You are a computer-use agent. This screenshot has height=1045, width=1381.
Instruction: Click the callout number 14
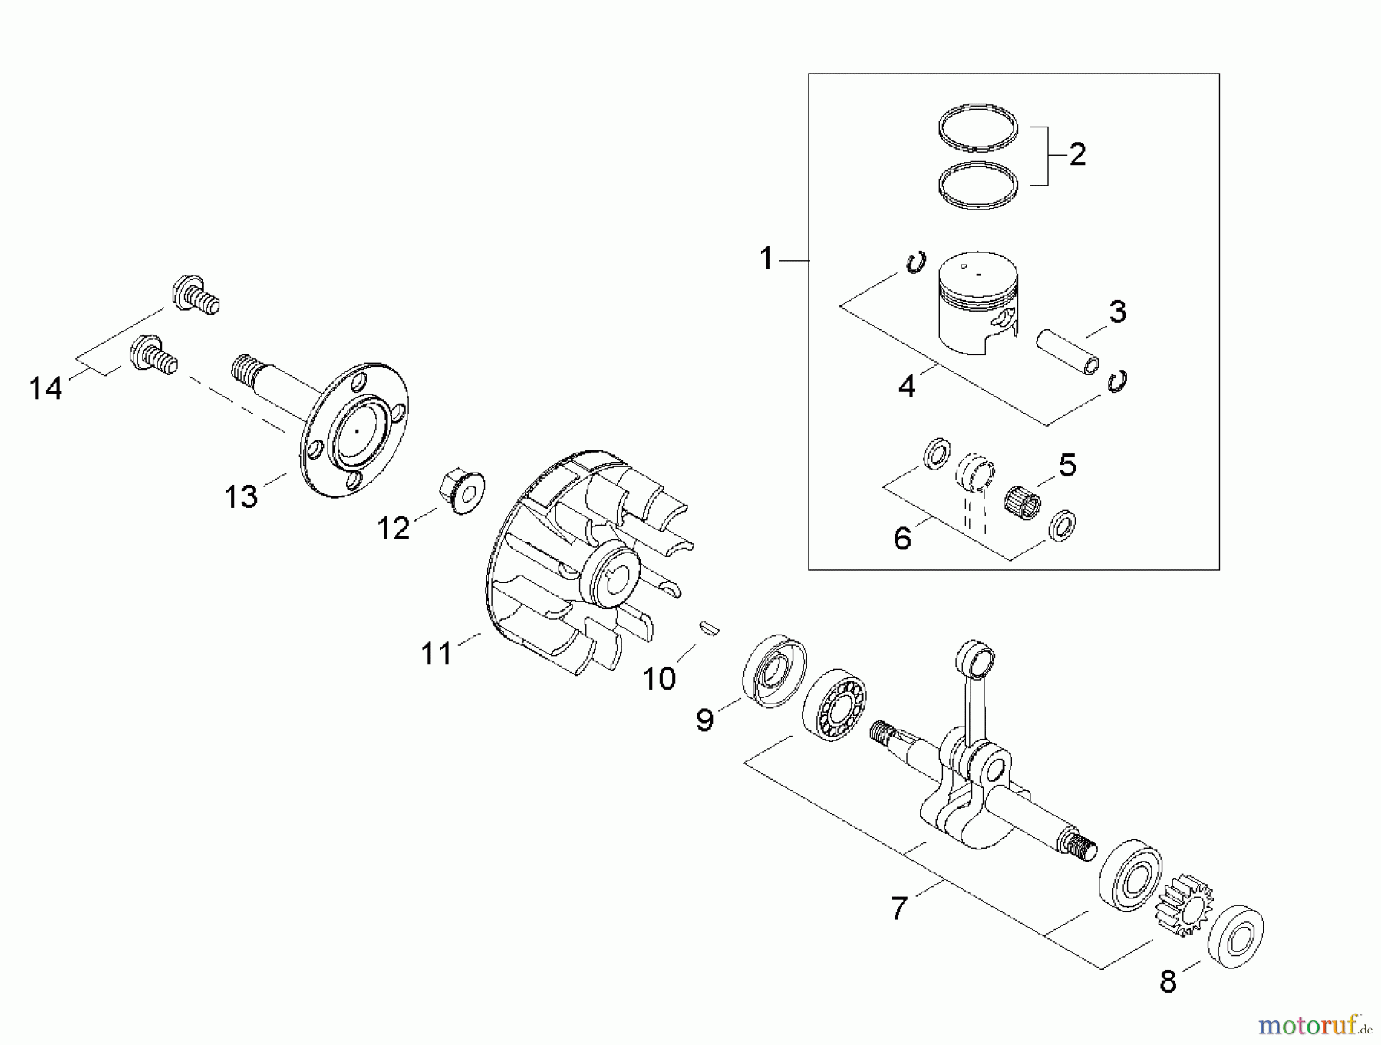(x=45, y=388)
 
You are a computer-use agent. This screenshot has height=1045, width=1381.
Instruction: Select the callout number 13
(x=241, y=497)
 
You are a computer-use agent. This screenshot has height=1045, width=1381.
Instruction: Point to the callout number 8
(x=1168, y=982)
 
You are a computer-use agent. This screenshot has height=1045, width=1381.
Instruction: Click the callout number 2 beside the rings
(x=1077, y=155)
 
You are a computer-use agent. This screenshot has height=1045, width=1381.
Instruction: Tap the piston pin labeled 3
(x=1066, y=352)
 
